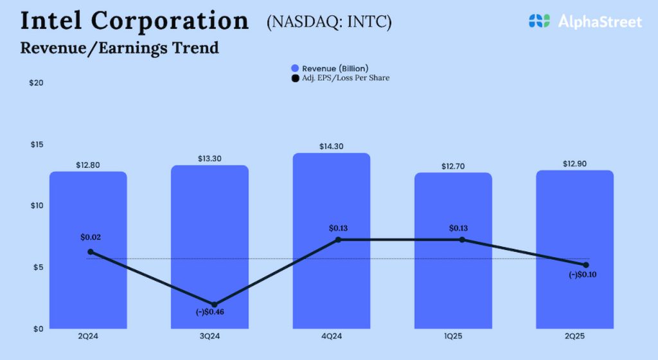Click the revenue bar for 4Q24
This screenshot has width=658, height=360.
[332, 283]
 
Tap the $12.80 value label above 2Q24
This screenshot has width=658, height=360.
[88, 165]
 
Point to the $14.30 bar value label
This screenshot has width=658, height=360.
[332, 147]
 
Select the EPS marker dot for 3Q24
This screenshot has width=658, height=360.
[215, 305]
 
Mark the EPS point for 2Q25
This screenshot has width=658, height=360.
[586, 265]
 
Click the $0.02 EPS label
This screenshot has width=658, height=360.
[91, 237]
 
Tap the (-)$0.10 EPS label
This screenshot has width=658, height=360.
[583, 275]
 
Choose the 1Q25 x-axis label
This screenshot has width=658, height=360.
[453, 336]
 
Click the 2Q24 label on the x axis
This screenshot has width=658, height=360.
[88, 336]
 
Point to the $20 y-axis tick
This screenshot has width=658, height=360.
[37, 84]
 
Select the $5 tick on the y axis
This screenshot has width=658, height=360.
[37, 267]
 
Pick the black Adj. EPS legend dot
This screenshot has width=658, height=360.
[295, 78]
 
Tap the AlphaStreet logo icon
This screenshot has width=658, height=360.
[540, 21]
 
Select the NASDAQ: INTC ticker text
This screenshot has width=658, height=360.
[329, 22]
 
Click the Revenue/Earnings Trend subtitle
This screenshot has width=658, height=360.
[120, 48]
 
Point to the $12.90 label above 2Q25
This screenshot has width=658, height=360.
[575, 164]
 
